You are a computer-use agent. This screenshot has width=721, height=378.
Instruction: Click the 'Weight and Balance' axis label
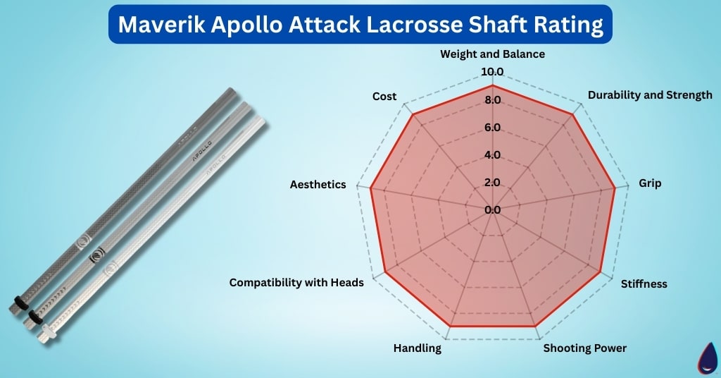tap(492, 54)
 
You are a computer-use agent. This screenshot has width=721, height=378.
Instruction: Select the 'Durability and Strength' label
tap(650, 94)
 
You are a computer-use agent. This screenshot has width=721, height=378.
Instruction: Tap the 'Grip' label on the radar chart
tap(650, 183)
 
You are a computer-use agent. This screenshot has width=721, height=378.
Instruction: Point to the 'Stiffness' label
tap(644, 284)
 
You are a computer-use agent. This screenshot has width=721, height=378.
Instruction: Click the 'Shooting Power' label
tap(585, 348)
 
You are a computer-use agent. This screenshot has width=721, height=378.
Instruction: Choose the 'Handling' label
tap(418, 348)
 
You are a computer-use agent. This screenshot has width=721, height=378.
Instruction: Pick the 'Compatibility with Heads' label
tap(296, 282)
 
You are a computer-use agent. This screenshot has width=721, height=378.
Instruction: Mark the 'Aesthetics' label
tap(318, 184)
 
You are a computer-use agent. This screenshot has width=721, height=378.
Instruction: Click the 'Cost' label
tap(384, 96)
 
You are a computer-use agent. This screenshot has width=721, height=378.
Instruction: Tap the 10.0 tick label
tap(492, 72)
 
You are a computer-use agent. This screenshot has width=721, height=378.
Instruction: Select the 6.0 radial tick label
tap(492, 128)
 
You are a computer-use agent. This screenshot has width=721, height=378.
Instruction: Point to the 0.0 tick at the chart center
tap(492, 209)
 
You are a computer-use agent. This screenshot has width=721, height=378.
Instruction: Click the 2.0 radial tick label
tap(492, 183)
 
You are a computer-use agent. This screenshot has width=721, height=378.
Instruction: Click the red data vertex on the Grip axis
tap(615, 188)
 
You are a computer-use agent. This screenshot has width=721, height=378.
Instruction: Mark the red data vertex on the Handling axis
tap(450, 327)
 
